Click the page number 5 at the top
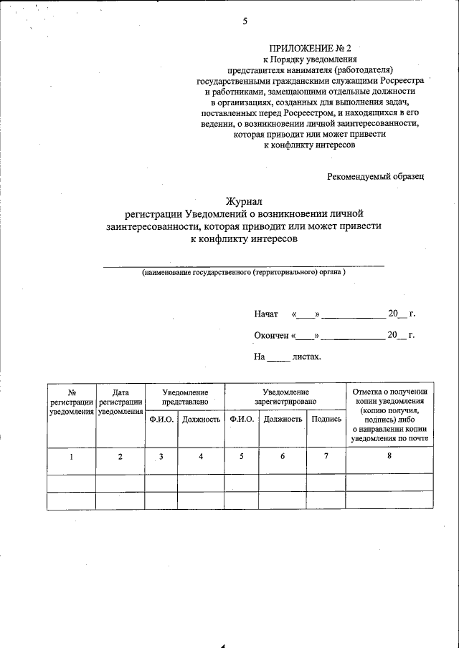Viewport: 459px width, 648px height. tap(245, 21)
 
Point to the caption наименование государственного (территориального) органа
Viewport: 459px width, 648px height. tap(244, 273)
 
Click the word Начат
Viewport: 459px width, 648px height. tap(266, 314)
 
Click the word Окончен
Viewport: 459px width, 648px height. tap(271, 335)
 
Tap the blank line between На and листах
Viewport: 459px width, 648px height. tap(278, 357)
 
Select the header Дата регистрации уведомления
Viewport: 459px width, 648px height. tap(120, 402)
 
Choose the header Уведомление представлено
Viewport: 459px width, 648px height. tap(185, 397)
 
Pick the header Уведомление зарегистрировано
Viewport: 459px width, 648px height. tap(285, 397)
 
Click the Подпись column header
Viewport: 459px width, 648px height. tap(326, 419)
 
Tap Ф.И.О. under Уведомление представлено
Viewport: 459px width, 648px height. tap(161, 419)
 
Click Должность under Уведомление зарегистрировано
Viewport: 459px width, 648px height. tap(283, 419)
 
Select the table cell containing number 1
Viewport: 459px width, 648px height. tap(72, 457)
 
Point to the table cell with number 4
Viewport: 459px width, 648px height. tap(201, 457)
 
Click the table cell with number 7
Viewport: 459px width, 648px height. tap(326, 457)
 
